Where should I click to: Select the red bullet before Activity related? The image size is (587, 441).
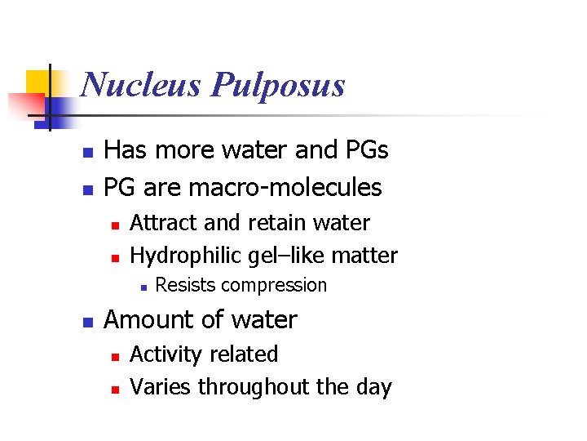point(116,356)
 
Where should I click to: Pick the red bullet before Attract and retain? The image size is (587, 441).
point(116,225)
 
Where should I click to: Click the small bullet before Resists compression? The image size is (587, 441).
point(143,287)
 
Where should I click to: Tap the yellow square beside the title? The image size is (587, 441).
point(38,82)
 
